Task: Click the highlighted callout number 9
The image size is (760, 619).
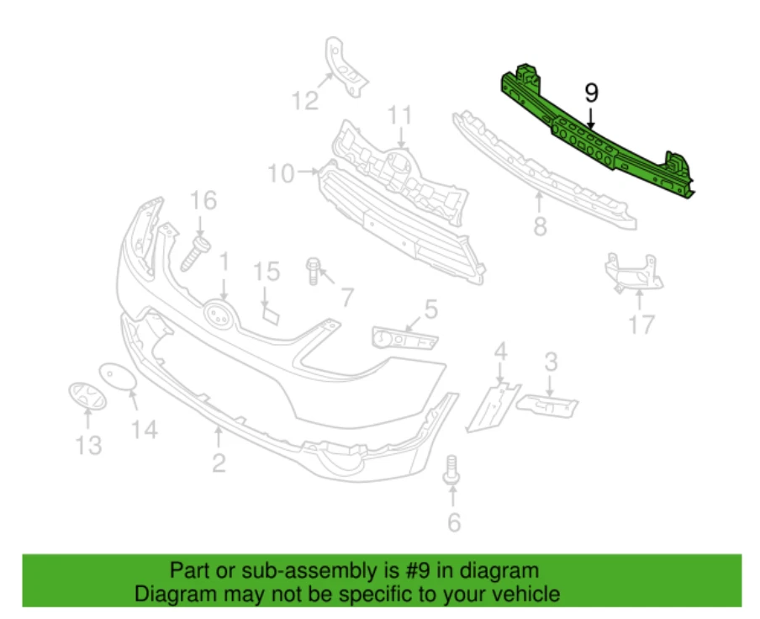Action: click(x=591, y=92)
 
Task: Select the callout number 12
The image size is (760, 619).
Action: click(x=305, y=101)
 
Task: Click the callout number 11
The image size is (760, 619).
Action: click(x=400, y=114)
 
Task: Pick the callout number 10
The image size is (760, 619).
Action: click(x=282, y=174)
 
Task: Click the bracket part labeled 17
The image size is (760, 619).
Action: click(x=631, y=272)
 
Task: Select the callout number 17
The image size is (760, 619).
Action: click(x=641, y=324)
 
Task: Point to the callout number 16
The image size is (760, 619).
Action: click(x=203, y=201)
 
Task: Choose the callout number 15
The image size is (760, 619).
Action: click(x=267, y=272)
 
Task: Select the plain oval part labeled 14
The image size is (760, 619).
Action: click(x=117, y=378)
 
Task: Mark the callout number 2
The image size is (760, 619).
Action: click(x=219, y=462)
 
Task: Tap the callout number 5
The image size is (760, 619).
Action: click(x=430, y=310)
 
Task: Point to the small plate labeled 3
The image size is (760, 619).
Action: click(x=547, y=405)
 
